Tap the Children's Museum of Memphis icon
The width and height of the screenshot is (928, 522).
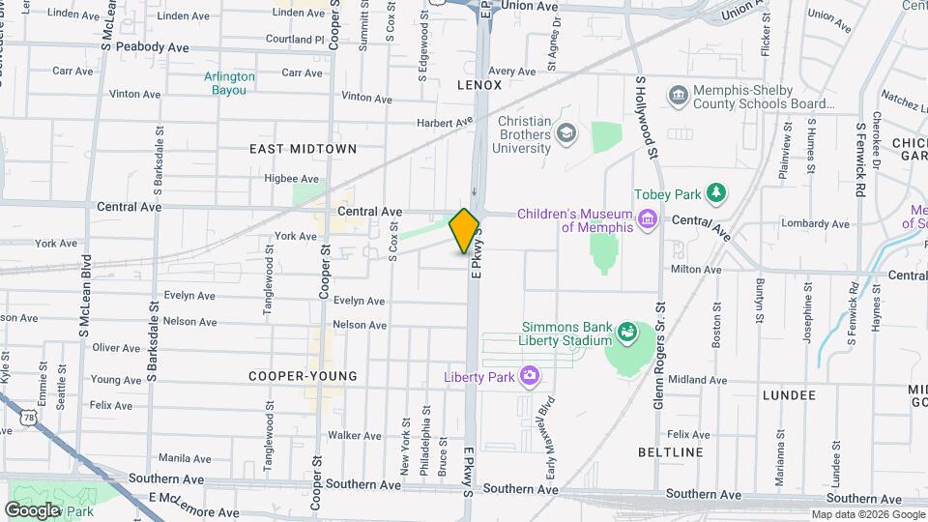647,220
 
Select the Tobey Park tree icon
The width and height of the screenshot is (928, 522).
715,193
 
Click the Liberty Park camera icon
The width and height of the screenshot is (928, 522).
529,375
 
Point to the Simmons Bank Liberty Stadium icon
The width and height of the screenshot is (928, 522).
629,333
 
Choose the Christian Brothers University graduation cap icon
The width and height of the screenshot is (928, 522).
566,133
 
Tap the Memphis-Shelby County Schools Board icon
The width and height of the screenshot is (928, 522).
678,96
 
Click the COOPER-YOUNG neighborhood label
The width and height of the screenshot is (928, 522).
303,376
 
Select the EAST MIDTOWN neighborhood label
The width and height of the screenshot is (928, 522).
303,149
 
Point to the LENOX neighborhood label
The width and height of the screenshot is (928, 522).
479,85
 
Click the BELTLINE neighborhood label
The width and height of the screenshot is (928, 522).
671,452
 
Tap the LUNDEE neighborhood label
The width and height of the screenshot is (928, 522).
789,395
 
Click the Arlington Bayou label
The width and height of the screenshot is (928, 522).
230,83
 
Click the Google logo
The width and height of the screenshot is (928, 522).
32,509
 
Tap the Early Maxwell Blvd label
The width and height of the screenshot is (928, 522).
547,426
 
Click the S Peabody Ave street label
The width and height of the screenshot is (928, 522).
152,46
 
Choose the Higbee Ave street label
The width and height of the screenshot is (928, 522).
291,179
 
